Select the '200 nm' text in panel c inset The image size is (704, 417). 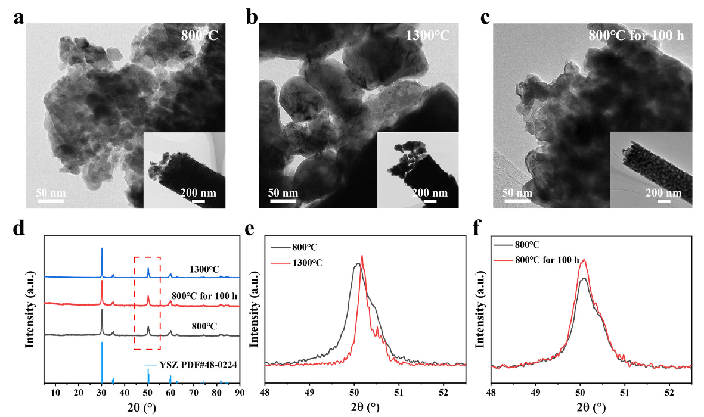pyautogui.click(x=664, y=193)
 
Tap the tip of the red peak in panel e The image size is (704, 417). pyautogui.click(x=362, y=256)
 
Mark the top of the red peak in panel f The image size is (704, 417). pyautogui.click(x=584, y=260)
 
